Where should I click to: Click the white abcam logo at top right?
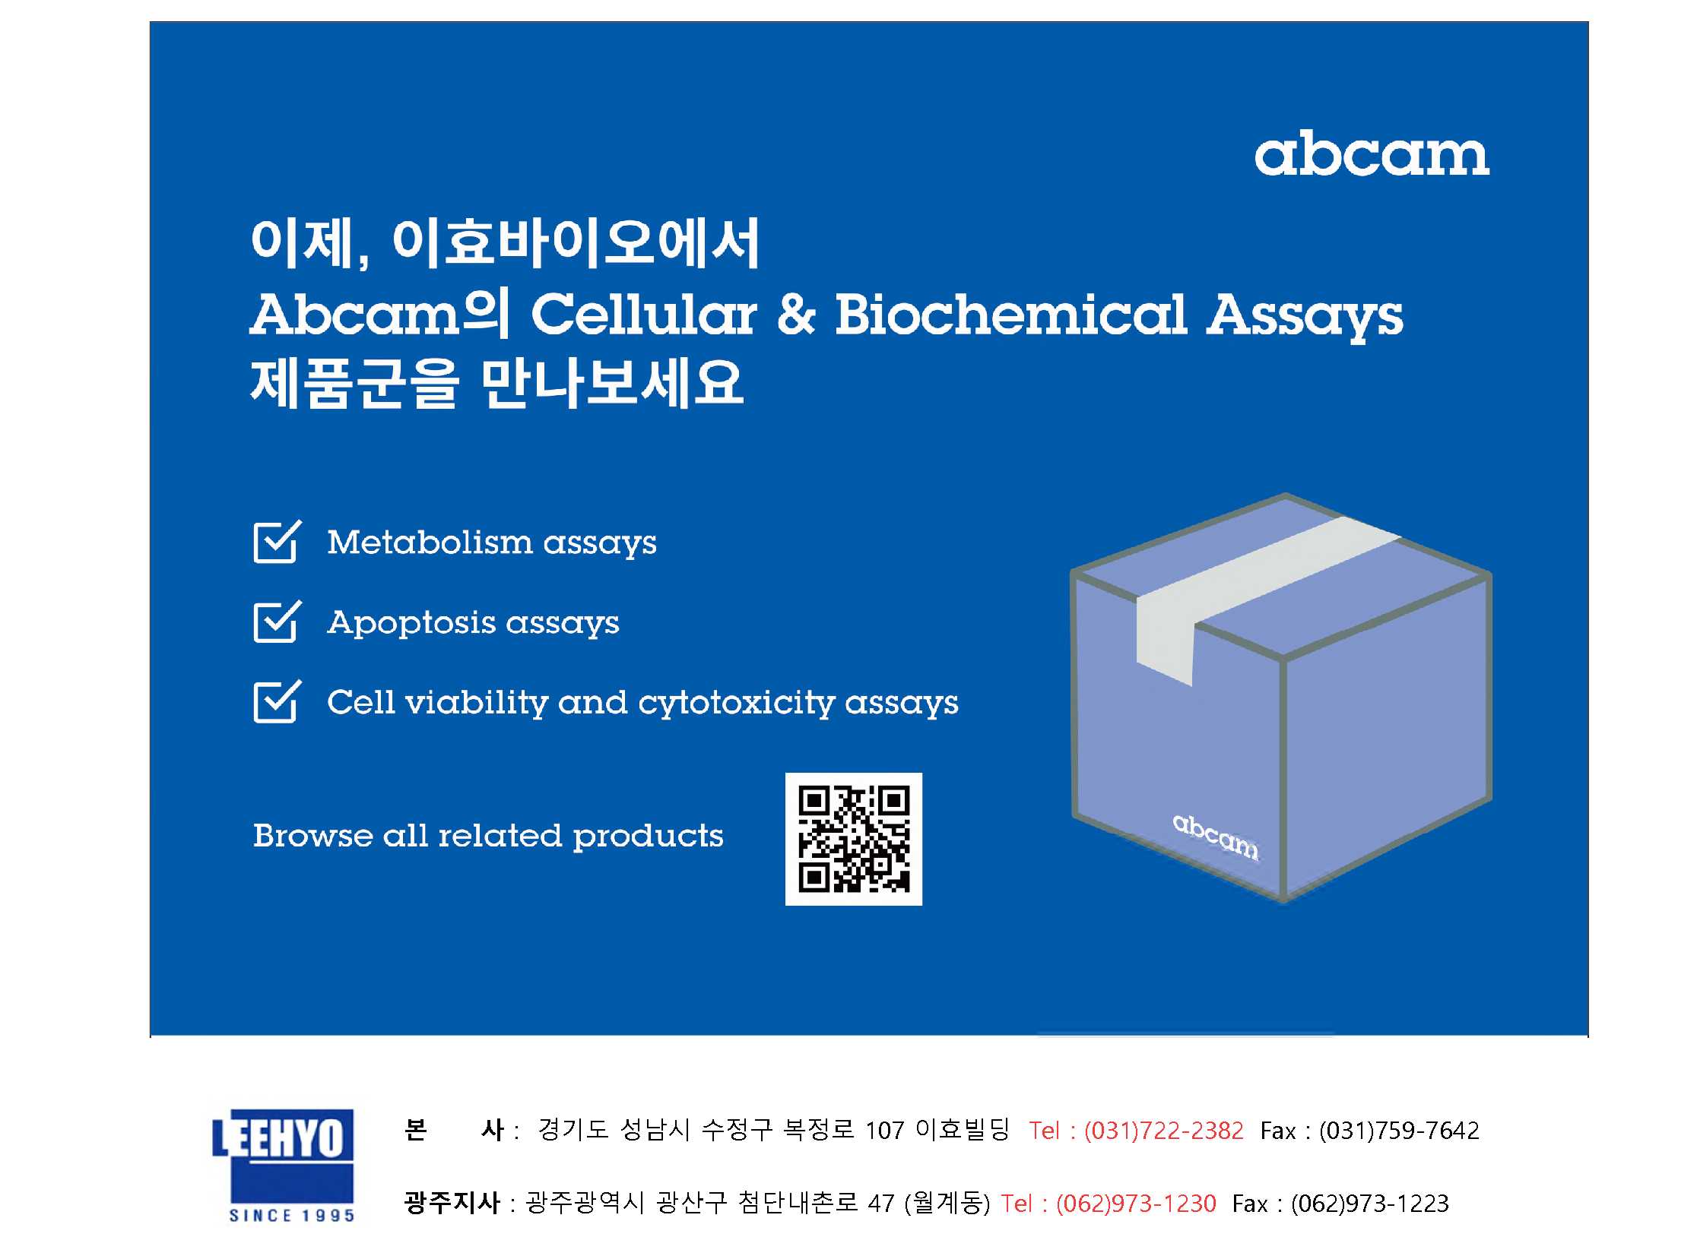1372,155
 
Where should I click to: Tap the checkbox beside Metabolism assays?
277,541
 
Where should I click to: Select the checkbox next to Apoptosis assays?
277,621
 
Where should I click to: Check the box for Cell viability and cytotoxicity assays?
277,701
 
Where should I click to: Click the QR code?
854,839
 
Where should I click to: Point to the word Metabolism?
430,542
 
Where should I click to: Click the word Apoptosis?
411,622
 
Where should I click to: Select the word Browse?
313,836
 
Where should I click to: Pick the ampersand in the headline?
795,315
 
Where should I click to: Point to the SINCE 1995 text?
292,1215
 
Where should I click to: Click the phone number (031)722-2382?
1164,1131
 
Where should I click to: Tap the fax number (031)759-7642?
1399,1131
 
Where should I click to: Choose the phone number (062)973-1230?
1136,1204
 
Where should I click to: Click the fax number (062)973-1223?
1370,1204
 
